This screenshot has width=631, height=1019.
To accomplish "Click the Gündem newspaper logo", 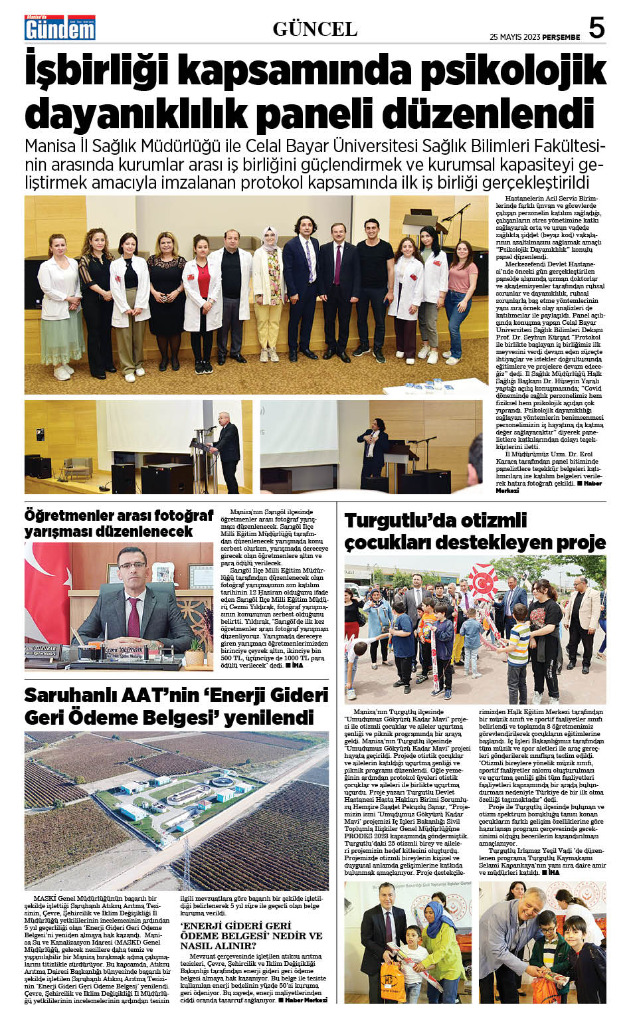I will [x=60, y=28].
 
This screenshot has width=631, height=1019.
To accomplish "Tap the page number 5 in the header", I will [x=597, y=29].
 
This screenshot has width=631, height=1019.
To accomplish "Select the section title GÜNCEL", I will [x=315, y=29].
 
